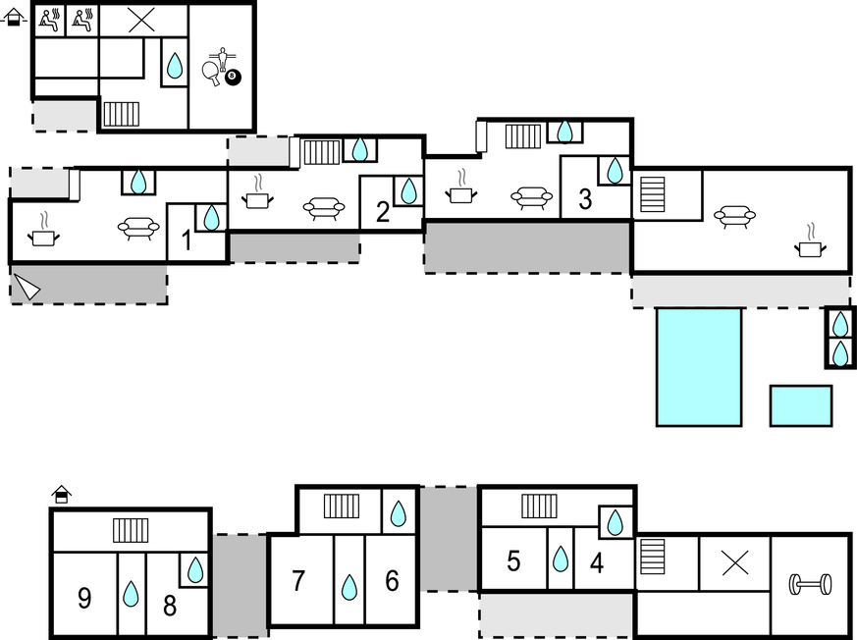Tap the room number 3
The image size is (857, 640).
click(585, 200)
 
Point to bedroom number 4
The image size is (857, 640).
click(597, 563)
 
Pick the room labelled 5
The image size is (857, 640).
click(513, 561)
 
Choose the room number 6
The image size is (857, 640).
click(392, 581)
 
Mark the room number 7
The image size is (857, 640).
click(299, 581)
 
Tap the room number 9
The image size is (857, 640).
click(84, 598)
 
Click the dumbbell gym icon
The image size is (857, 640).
click(810, 585)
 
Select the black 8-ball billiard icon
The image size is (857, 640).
click(233, 78)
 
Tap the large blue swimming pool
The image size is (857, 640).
click(699, 367)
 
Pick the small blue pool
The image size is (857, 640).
click(801, 405)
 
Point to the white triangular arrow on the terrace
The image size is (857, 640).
click(27, 288)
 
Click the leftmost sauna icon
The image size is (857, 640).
click(49, 19)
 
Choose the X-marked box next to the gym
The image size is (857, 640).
click(734, 562)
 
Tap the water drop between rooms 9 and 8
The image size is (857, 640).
click(131, 594)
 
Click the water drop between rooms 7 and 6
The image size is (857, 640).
click(348, 587)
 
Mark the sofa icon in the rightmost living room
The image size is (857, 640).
click(734, 215)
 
